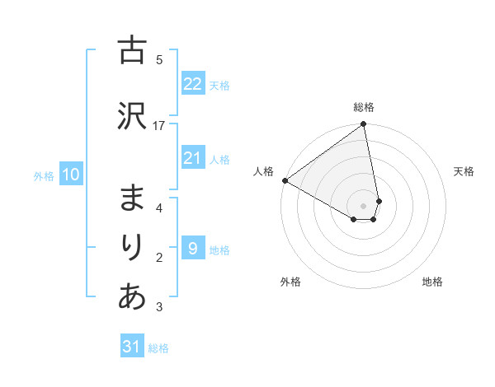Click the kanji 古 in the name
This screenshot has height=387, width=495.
(x=132, y=51)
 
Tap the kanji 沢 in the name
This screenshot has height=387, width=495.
(x=132, y=117)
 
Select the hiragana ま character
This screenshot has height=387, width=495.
(x=132, y=198)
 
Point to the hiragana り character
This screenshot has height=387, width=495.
(x=132, y=248)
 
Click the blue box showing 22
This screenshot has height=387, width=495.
(x=192, y=84)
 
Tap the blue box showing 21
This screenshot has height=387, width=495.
(x=192, y=158)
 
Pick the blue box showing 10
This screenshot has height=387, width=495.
(x=71, y=175)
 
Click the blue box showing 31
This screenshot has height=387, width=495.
(x=132, y=347)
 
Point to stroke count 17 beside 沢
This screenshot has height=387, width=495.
(x=159, y=125)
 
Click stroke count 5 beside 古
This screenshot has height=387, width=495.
(x=159, y=59)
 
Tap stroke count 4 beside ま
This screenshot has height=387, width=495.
(x=159, y=207)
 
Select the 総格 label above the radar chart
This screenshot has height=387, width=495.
(x=364, y=107)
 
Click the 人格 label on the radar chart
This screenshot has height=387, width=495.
(x=263, y=170)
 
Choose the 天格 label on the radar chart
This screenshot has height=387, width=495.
(x=464, y=171)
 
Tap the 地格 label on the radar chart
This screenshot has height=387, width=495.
(x=432, y=282)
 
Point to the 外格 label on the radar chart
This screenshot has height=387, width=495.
(x=290, y=282)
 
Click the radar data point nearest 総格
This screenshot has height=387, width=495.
(x=364, y=125)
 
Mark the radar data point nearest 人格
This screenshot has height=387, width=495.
(x=285, y=180)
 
